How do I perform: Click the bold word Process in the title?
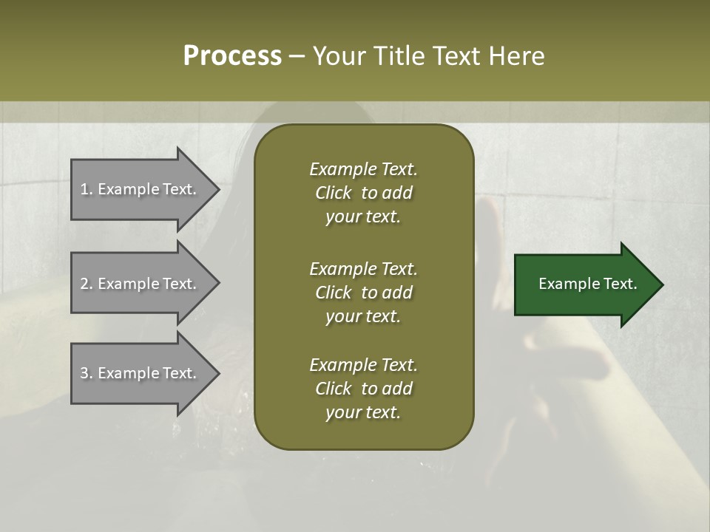tap(232, 56)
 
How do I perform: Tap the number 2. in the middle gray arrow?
tap(87, 284)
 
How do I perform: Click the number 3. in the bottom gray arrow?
tap(87, 373)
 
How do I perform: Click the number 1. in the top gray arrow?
tap(87, 189)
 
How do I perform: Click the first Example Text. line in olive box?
tap(363, 169)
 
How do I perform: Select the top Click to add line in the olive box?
tap(363, 193)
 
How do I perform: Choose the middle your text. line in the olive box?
tap(363, 316)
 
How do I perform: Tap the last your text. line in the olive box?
tap(363, 412)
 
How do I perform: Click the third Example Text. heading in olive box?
tap(363, 365)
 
